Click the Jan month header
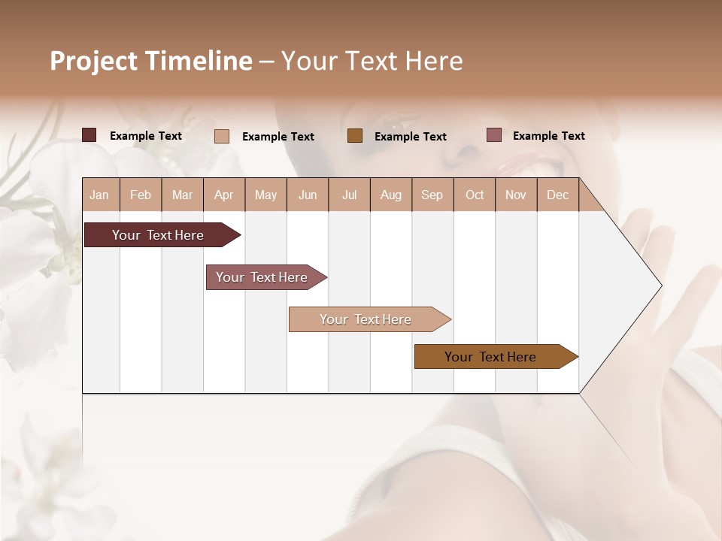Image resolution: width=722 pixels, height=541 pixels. pos(100,195)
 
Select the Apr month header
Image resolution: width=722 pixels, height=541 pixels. pos(224,195)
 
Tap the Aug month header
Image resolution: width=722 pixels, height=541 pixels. pos(391,195)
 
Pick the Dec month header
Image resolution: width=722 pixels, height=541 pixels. pos(557,195)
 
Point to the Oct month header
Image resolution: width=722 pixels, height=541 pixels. pos(475,195)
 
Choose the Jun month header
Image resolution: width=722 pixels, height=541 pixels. pos(308,195)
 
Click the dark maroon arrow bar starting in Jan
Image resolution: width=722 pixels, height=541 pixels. pos(158,235)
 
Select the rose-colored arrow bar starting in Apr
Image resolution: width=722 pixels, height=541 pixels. pos(262,277)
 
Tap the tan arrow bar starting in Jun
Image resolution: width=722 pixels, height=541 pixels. pos(366,319)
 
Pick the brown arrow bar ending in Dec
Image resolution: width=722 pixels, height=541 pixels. pos(490,357)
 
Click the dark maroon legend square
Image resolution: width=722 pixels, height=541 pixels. pos(89,135)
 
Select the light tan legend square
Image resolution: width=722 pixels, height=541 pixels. pos(222,136)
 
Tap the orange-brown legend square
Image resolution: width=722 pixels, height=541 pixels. pos(355,136)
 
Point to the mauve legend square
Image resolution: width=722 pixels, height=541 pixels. pos(493,135)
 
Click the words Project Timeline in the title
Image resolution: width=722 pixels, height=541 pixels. pos(150,61)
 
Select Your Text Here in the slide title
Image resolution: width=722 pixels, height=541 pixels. pos(372,61)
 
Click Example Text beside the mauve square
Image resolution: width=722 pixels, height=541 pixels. pos(548,135)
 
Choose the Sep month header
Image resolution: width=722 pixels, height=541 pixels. pos(432,195)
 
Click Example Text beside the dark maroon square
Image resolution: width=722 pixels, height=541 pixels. pos(146,135)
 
